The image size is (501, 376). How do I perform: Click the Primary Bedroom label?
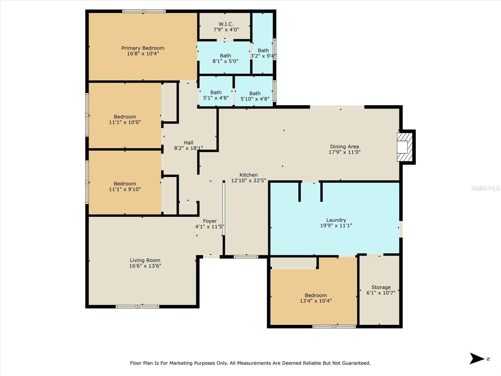[143, 48]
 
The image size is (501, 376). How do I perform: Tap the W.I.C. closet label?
[226, 24]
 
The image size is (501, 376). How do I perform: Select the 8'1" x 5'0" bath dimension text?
[225, 61]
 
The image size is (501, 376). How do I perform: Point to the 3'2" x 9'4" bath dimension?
[263, 56]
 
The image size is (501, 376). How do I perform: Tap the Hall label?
[189, 143]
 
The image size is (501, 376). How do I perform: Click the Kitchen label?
[249, 175]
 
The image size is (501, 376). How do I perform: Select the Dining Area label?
[344, 147]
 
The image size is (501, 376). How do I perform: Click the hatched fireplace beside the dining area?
[405, 147]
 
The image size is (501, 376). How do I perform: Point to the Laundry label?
[336, 220]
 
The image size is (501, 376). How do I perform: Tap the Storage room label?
[381, 287]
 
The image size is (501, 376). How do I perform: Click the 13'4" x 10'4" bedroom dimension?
[316, 301]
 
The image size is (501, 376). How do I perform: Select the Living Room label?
[145, 260]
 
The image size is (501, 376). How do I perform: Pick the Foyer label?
[210, 221]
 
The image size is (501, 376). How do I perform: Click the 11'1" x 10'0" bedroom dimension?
[125, 122]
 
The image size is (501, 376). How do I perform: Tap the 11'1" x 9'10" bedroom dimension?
[125, 189]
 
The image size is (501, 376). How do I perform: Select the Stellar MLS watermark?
[485, 188]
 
